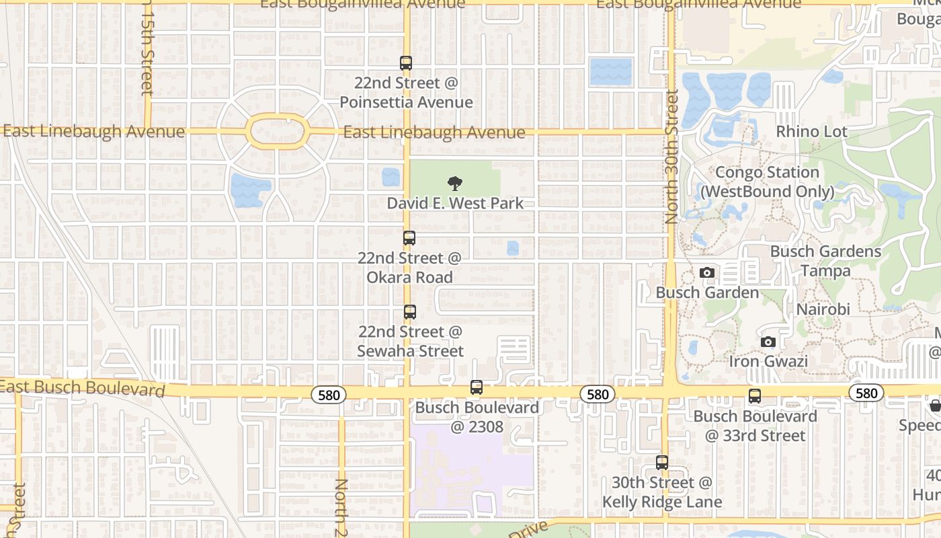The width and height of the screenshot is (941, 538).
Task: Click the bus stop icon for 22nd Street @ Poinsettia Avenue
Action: [406, 63]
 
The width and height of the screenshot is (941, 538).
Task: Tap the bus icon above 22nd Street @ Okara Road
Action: [409, 238]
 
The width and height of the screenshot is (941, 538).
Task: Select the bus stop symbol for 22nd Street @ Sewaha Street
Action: [410, 312]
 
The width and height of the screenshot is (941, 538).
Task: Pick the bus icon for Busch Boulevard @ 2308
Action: [477, 387]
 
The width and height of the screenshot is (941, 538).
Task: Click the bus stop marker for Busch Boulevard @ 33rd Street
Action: [755, 396]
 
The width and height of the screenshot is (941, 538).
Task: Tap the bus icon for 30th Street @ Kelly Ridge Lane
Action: [662, 463]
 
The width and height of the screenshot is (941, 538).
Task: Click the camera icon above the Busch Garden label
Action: [706, 272]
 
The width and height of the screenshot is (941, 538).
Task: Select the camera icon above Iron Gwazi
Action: [768, 342]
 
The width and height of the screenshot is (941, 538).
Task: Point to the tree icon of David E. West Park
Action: [455, 183]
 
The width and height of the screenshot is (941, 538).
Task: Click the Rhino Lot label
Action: [812, 132]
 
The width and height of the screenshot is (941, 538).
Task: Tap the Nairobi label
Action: [823, 309]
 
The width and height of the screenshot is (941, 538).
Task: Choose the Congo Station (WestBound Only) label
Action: [767, 182]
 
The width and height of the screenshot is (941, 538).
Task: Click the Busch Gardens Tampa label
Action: [825, 261]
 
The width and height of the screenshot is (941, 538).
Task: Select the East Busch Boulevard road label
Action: [82, 388]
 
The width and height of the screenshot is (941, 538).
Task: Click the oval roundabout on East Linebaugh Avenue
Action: [277, 131]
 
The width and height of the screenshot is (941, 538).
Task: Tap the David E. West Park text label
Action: [455, 203]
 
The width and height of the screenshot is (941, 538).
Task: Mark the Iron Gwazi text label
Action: [768, 361]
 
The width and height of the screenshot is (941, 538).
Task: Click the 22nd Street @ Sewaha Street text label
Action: [410, 342]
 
